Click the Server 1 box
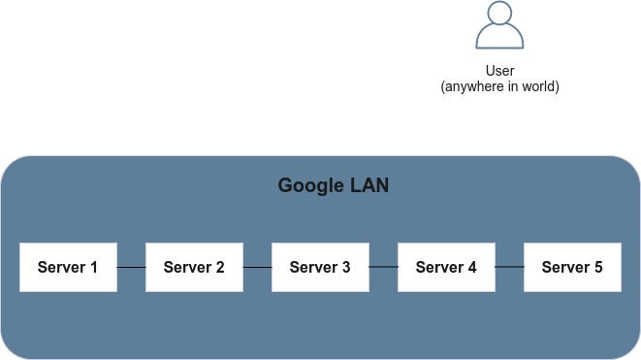[x=68, y=267]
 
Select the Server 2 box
[x=194, y=267]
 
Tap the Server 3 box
[x=320, y=267]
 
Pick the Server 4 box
[x=446, y=267]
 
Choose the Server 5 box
[x=572, y=267]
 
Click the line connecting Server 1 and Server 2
[x=131, y=267]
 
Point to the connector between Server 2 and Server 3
[x=257, y=267]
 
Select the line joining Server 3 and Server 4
[x=383, y=267]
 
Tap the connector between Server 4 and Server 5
[x=509, y=267]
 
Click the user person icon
[x=499, y=26]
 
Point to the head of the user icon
[x=499, y=14]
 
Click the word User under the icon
[x=499, y=71]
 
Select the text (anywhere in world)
[x=499, y=86]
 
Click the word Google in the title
[x=310, y=185]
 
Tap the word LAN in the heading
[x=369, y=185]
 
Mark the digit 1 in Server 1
[x=94, y=267]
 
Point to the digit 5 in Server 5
[x=598, y=267]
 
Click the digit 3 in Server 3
[x=346, y=267]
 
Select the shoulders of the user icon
[x=499, y=40]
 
